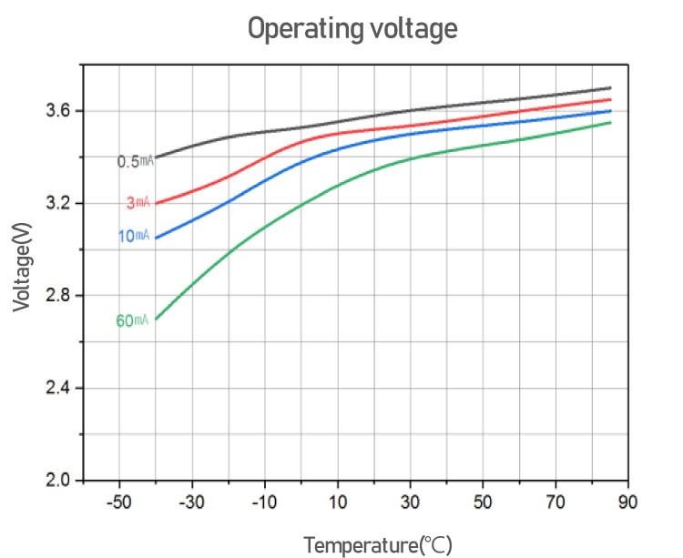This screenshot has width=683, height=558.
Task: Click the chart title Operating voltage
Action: click(x=352, y=29)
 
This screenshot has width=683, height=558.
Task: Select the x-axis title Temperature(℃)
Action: click(x=377, y=545)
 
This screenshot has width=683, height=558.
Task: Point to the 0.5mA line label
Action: click(x=133, y=162)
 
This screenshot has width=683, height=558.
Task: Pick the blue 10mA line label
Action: click(x=133, y=237)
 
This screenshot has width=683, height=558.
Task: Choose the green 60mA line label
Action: click(x=132, y=320)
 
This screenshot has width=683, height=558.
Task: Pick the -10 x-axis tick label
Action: click(x=264, y=502)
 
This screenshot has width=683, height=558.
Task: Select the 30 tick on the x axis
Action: click(x=411, y=502)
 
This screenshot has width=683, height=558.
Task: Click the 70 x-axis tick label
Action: click(x=556, y=502)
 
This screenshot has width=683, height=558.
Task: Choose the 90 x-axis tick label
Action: click(x=628, y=502)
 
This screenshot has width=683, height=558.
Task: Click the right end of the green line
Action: click(x=610, y=122)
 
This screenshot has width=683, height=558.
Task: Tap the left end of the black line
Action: click(x=156, y=157)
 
